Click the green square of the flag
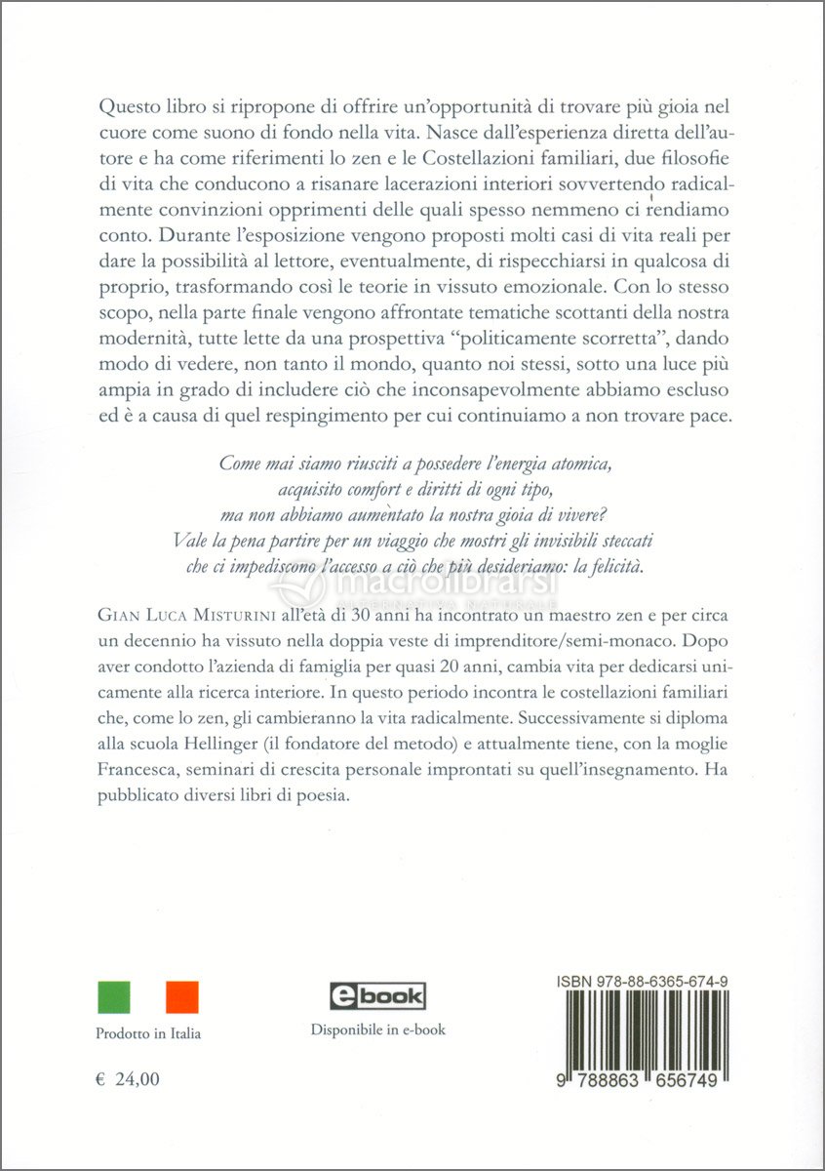113,996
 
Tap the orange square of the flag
182,996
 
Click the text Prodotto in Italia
148,1033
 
